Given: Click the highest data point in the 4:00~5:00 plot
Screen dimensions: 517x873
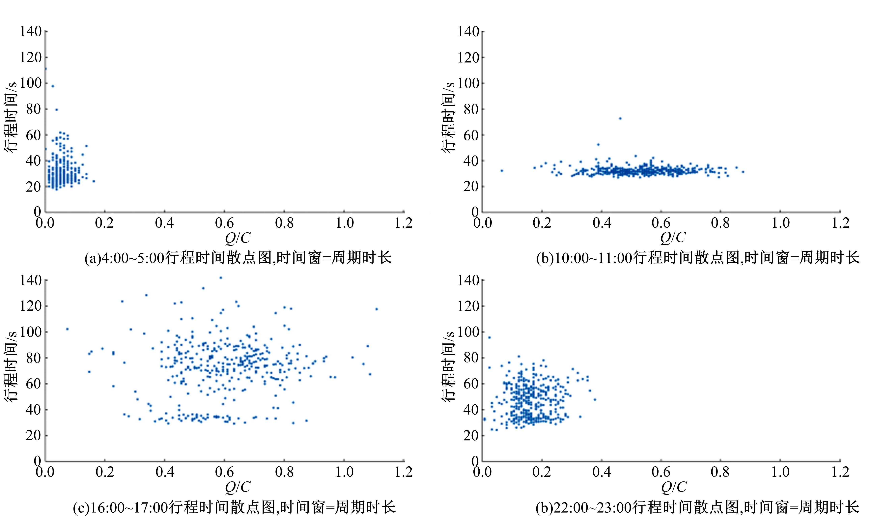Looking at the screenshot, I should tap(46, 69).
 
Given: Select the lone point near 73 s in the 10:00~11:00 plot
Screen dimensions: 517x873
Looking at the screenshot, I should tap(620, 118).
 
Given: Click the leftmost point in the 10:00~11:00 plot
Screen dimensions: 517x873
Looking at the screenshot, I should tap(502, 171).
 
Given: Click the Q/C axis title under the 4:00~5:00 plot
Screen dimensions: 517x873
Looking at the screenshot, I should tap(238, 238).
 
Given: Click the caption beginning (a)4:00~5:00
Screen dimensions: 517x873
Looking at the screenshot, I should tap(238, 258).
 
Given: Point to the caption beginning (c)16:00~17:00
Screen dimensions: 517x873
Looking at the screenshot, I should tap(234, 507).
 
